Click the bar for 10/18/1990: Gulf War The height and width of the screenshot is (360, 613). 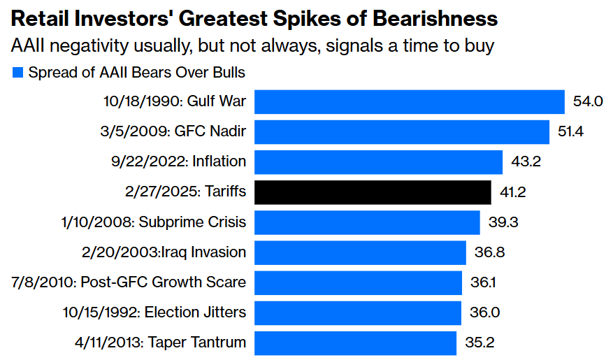click(409, 101)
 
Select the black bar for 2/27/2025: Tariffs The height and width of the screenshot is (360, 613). click(373, 192)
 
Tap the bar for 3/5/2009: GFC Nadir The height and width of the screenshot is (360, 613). click(401, 131)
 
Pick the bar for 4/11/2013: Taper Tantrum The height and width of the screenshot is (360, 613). click(356, 343)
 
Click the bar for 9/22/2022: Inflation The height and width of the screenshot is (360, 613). click(378, 161)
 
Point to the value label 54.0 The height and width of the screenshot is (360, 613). click(588, 101)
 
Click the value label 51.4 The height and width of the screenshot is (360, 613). click(572, 131)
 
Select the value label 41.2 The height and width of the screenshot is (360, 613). click(514, 192)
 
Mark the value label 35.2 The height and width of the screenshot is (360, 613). click(479, 343)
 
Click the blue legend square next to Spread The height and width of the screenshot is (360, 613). click(17, 72)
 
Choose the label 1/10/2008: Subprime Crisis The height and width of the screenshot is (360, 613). click(153, 222)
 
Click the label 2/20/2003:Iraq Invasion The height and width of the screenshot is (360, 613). click(164, 252)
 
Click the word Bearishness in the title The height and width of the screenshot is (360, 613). click(431, 19)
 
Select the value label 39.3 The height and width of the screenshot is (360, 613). click(503, 222)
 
